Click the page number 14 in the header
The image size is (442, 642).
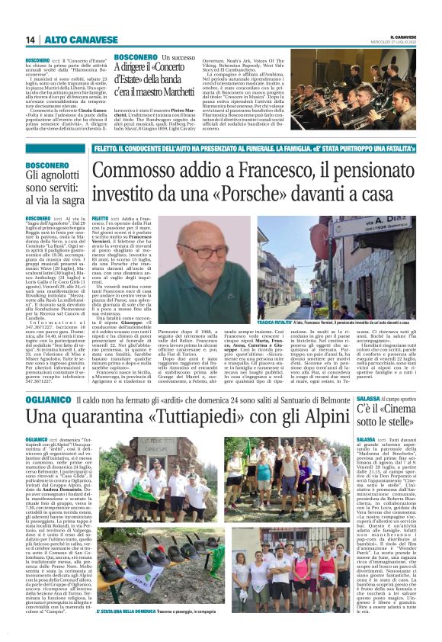pyautogui.click(x=30, y=40)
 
